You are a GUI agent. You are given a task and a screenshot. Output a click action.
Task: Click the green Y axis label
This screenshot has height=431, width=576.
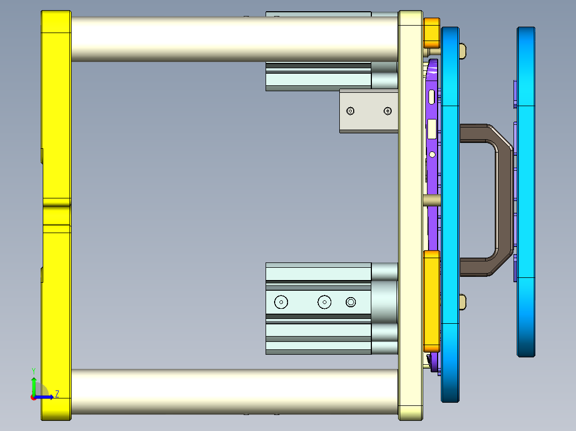33,370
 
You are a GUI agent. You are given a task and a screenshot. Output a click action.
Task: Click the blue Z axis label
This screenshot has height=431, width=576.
57,394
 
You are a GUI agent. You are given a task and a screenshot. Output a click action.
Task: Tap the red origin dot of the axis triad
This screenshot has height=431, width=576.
34,397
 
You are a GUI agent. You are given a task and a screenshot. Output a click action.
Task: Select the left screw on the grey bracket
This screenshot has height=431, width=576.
351,111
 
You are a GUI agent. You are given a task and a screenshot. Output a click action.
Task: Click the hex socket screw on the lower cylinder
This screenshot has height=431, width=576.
351,302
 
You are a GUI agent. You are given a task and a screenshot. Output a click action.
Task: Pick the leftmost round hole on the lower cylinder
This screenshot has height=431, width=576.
281,302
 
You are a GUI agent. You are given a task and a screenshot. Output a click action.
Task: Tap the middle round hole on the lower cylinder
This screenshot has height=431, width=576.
324,302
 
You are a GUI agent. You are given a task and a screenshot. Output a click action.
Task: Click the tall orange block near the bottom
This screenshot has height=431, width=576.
431,301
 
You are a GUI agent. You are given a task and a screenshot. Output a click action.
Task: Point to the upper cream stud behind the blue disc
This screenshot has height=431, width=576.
463,51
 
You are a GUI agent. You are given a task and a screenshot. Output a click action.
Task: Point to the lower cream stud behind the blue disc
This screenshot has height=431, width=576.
463,302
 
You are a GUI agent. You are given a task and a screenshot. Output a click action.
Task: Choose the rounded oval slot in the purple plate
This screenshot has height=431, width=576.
431,97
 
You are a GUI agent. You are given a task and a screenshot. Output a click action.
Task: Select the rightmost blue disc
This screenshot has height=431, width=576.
526,192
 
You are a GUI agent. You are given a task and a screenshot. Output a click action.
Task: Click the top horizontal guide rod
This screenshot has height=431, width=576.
235,38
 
